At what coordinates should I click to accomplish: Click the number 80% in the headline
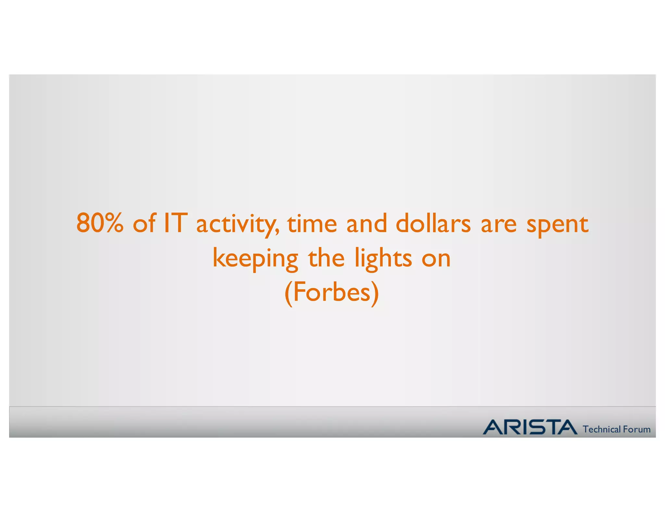pos(100,223)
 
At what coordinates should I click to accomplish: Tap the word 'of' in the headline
pos(144,223)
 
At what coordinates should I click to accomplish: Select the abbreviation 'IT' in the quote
pos(175,223)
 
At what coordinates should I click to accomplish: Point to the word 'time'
pos(312,223)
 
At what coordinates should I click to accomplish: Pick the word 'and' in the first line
pos(367,223)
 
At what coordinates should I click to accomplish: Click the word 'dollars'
pos(433,223)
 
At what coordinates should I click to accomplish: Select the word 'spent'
pos(557,224)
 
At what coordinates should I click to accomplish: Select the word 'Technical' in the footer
pos(602,429)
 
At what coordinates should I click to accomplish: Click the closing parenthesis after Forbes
pos(375,293)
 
